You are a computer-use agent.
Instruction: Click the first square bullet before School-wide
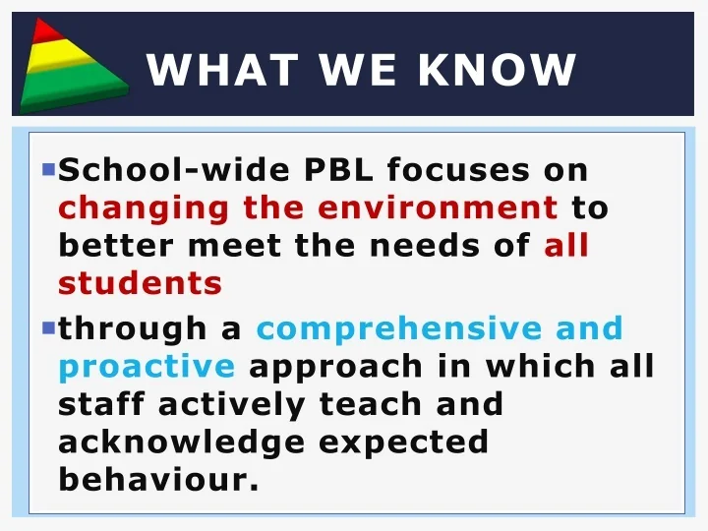coord(48,169)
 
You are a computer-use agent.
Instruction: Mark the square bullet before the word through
coord(48,326)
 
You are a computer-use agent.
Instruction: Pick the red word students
coord(140,284)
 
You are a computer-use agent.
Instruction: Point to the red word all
coord(566,247)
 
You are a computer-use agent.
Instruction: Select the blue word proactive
coord(147,367)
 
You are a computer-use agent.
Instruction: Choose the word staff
coord(101,404)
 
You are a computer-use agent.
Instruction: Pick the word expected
coord(403,443)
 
